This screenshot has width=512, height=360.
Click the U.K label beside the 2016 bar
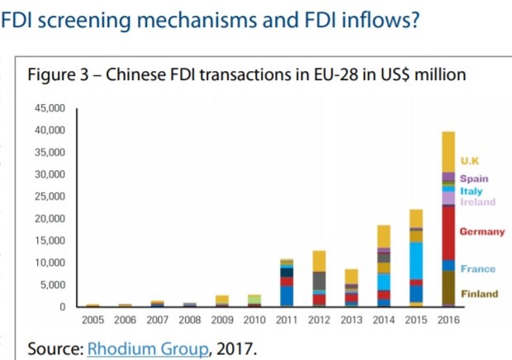pyautogui.click(x=469, y=161)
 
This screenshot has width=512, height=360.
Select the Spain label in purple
pyautogui.click(x=474, y=178)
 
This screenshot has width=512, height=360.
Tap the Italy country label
pyautogui.click(x=472, y=191)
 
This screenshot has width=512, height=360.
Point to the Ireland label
pyautogui.click(x=477, y=201)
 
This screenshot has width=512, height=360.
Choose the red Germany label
pyautogui.click(x=481, y=232)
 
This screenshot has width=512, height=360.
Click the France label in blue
pyautogui.click(x=477, y=269)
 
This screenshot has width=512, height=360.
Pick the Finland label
pyautogui.click(x=479, y=294)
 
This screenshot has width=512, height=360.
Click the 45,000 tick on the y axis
pyautogui.click(x=50, y=109)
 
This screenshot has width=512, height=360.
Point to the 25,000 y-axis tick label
pyautogui.click(x=50, y=197)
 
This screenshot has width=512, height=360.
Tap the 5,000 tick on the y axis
pyautogui.click(x=52, y=285)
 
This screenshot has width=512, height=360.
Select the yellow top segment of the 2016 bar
pyautogui.click(x=448, y=152)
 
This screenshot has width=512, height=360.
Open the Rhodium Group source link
pyautogui.click(x=147, y=348)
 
